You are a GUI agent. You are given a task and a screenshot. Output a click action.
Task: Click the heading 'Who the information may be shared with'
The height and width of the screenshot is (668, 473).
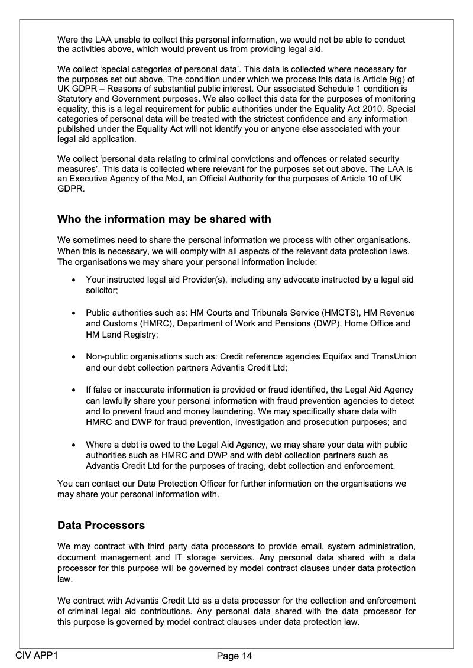164,219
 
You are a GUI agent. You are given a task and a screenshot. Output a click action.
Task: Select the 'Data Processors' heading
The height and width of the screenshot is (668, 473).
101,525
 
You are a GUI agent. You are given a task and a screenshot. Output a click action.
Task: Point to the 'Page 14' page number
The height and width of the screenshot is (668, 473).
234,656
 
